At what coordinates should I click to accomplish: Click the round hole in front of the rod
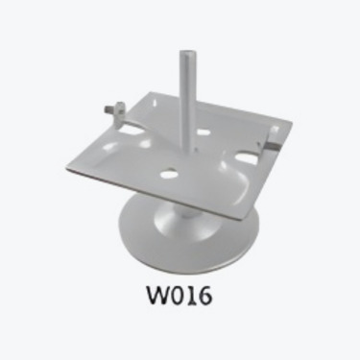170,176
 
